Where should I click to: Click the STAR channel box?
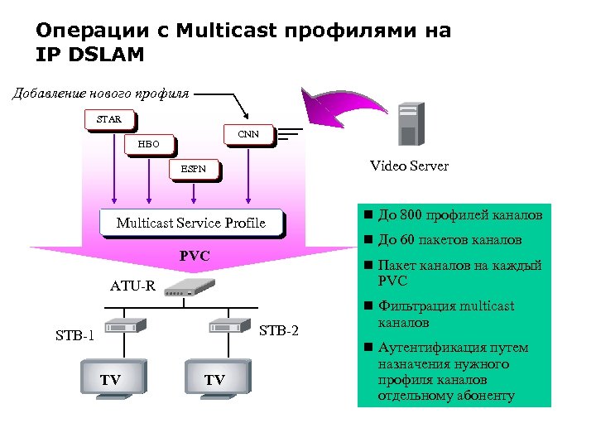click(x=108, y=119)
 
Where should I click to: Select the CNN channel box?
click(x=248, y=134)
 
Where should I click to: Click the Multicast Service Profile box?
click(x=190, y=223)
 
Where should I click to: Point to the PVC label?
click(x=195, y=257)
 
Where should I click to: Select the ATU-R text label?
click(x=133, y=286)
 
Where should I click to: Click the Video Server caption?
click(x=409, y=166)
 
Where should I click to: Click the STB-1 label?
click(x=74, y=336)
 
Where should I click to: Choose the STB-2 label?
click(x=279, y=332)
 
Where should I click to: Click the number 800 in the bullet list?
click(x=410, y=216)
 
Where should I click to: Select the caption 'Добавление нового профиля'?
click(x=100, y=93)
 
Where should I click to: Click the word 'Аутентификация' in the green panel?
click(x=427, y=348)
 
